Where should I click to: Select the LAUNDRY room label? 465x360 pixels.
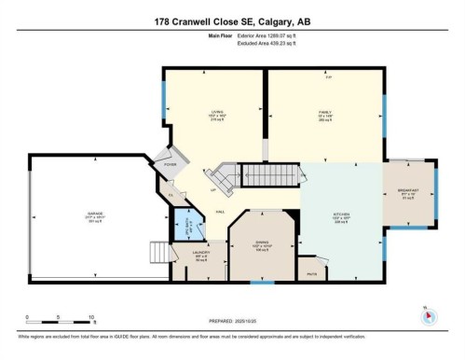(201, 253)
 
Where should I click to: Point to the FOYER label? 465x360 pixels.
(170, 164)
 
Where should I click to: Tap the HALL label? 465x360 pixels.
(219, 213)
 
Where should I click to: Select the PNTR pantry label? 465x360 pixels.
(313, 274)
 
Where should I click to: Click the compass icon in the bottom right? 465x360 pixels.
(428, 315)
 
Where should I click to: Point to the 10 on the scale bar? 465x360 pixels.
(85, 317)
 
